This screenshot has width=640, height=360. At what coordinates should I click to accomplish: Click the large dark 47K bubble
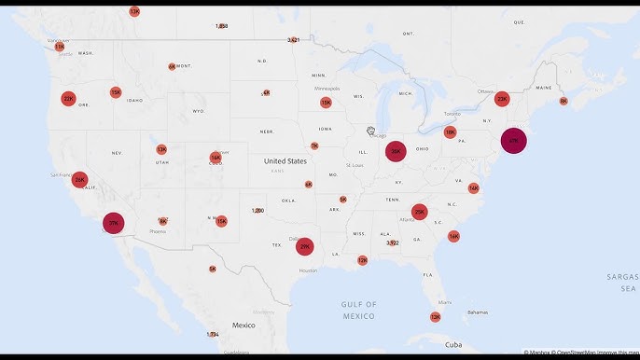(x=512, y=141)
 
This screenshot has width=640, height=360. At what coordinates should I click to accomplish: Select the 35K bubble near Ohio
(x=396, y=151)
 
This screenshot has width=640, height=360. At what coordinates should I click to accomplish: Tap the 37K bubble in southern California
(x=114, y=224)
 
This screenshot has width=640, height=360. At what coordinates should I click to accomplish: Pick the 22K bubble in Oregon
(x=68, y=98)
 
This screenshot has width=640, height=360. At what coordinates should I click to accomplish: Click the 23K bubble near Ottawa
(x=502, y=99)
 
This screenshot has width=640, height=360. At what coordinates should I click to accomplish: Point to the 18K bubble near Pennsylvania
(x=451, y=132)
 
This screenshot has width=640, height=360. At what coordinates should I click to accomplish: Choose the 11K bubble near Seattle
(x=60, y=46)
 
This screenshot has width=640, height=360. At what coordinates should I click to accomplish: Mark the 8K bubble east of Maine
(x=563, y=101)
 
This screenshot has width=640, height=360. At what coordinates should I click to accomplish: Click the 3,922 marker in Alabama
(x=393, y=242)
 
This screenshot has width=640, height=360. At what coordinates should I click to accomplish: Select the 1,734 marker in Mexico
(x=213, y=334)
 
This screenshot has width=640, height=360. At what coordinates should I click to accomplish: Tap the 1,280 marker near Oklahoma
(x=257, y=211)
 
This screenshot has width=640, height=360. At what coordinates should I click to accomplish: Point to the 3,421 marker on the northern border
(x=294, y=40)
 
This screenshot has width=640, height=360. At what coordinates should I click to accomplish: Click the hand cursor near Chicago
(x=370, y=131)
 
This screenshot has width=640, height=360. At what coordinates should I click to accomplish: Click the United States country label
(x=285, y=161)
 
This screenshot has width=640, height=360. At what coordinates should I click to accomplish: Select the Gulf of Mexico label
(x=358, y=310)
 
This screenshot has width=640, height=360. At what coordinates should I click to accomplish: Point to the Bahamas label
(x=478, y=312)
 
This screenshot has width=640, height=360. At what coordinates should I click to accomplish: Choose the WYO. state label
(x=198, y=111)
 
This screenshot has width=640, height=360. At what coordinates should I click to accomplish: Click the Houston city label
(x=308, y=270)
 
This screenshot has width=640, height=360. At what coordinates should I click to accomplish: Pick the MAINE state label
(x=544, y=89)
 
